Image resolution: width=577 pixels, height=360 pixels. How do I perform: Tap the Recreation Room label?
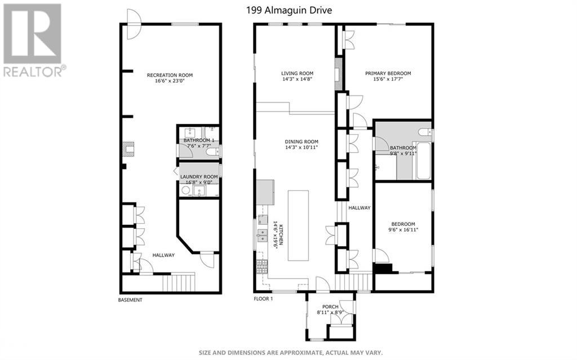170,75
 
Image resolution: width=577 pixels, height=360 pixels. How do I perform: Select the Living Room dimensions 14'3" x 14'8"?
297,79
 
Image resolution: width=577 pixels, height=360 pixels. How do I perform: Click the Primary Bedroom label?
388,73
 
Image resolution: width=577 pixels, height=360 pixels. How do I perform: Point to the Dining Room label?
301,141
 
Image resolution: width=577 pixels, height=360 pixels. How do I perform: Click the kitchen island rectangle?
298,225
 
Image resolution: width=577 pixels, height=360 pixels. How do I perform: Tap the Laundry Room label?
199,177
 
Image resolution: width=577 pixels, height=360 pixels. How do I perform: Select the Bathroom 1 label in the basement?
198,140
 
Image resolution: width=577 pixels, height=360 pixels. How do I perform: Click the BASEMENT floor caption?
130,300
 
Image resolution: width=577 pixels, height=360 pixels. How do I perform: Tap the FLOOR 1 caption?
263,300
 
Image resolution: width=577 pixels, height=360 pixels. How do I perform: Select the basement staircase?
179,282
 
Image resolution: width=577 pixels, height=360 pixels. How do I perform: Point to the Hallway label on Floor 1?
359,208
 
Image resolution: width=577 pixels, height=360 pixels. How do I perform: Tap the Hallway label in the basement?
163,255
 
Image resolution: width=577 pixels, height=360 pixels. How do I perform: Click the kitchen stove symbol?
262,266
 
